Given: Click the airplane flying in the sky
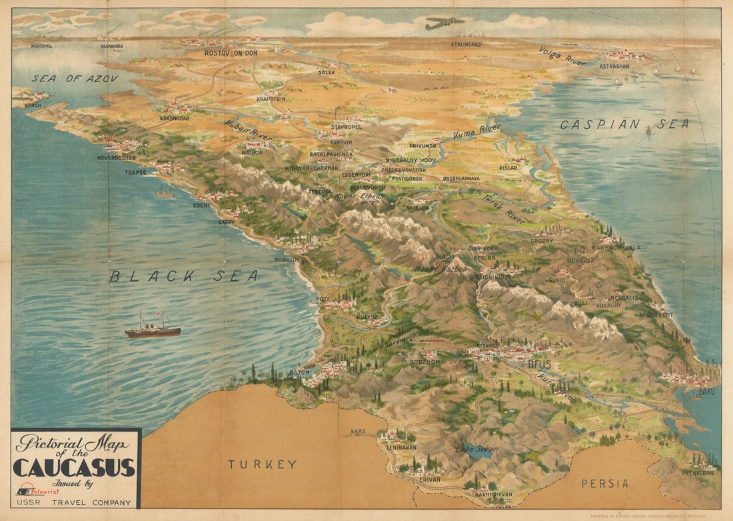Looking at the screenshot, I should tap(445, 23).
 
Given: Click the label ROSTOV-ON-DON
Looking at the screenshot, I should tap(231, 53).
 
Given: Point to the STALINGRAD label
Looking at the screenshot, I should tap(466, 45).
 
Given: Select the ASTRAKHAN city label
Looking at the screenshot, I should tap(614, 67).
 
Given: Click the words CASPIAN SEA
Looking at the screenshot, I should tap(624, 124).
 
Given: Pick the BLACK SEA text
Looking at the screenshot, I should tap(184, 276).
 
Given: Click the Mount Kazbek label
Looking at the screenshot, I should tap(441, 269).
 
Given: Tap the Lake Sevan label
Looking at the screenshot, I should tap(476, 449).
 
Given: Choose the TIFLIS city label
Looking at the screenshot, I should tap(539, 364).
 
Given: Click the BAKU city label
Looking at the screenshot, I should tap(706, 392).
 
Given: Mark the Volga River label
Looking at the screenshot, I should tap(562, 56).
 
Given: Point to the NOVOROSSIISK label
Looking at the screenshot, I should tap(117, 158).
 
